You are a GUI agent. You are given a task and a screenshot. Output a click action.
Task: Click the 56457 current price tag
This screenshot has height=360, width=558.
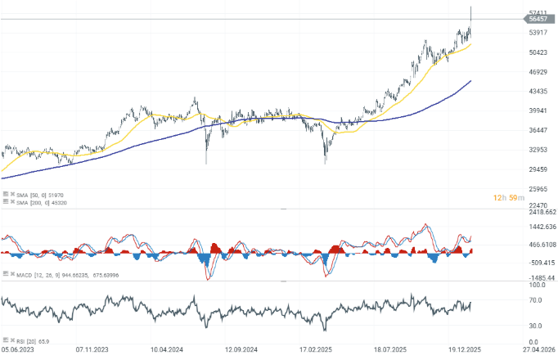(538, 19)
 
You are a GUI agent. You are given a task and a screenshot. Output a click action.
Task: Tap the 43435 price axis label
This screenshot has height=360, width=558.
(538, 91)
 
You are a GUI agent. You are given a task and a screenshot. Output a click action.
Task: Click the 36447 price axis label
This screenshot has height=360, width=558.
(538, 130)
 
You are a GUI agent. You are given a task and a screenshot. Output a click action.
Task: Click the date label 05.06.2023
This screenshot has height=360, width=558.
(19, 348)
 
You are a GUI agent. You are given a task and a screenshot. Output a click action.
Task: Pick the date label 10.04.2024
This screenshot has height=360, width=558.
(168, 348)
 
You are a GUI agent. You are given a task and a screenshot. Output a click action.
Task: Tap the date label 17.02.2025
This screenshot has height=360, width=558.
(317, 348)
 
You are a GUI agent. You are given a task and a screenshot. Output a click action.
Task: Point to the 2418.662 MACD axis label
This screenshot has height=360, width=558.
(541, 211)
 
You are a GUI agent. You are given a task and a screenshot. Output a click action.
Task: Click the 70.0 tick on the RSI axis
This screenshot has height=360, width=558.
(536, 301)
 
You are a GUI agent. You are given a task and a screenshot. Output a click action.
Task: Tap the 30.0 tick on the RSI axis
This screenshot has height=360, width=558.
(536, 326)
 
